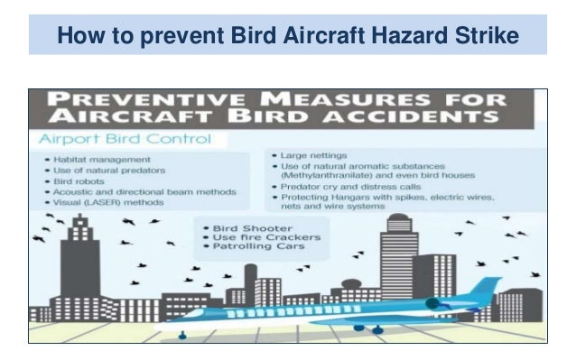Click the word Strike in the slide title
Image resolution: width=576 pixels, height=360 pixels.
[488, 36]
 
